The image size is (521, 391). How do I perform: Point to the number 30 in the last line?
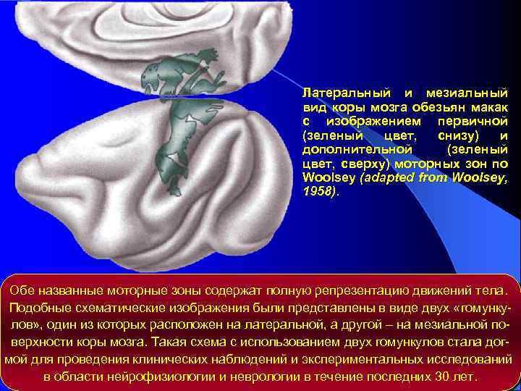440,377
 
